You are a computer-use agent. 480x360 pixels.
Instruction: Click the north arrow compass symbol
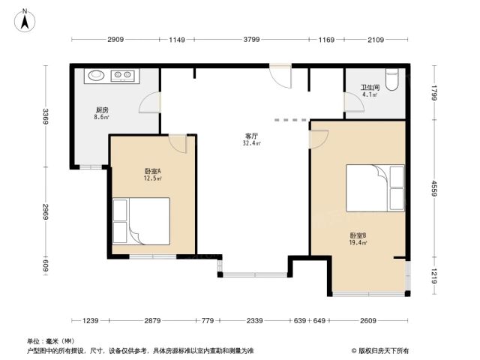(x=25, y=20)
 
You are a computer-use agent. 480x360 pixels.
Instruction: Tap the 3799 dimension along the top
(x=251, y=40)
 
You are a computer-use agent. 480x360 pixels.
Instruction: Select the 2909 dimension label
(x=115, y=40)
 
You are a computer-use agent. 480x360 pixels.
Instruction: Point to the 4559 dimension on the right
(x=434, y=188)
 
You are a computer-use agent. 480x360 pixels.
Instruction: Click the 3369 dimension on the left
(x=45, y=116)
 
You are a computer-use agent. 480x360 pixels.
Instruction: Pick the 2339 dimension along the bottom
(x=254, y=320)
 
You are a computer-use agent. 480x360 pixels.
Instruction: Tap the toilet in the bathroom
(x=391, y=79)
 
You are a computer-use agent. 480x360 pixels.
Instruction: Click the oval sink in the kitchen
(x=97, y=75)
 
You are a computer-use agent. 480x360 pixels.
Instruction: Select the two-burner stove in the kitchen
(x=122, y=75)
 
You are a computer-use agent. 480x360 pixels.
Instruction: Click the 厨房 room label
(x=102, y=110)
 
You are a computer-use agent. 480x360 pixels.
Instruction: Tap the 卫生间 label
(x=370, y=88)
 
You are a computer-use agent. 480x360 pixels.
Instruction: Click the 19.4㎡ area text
(x=358, y=243)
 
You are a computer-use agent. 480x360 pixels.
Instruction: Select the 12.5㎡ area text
(x=152, y=178)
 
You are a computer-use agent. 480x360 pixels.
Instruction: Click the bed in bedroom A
(x=141, y=221)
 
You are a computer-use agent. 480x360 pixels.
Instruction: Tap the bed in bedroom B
(x=375, y=188)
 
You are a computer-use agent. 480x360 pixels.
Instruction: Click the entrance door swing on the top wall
(x=280, y=76)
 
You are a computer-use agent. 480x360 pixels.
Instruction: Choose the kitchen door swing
(x=150, y=103)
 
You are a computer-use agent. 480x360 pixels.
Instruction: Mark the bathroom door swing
(x=354, y=102)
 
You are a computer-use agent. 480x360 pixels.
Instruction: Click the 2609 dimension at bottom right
(x=367, y=320)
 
